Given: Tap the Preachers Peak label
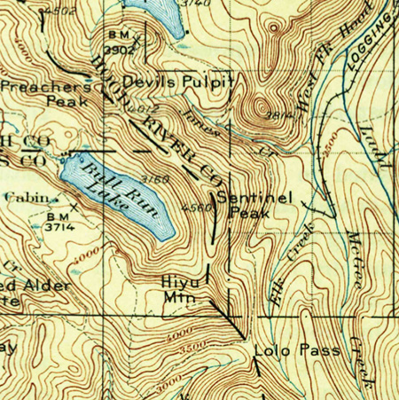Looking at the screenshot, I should coord(46,94).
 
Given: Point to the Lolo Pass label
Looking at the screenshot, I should coord(296,350).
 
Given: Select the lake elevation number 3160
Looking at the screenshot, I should coord(156,181).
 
